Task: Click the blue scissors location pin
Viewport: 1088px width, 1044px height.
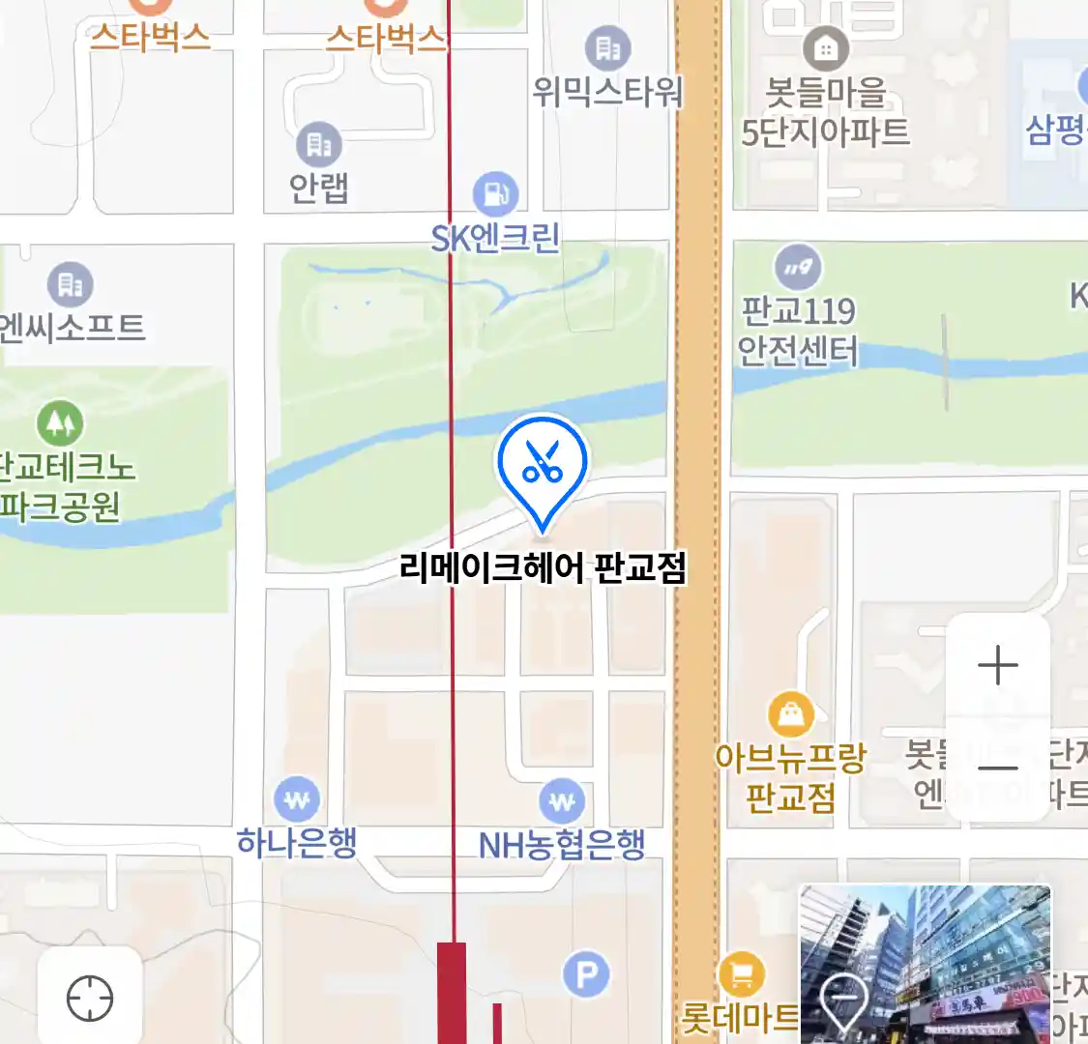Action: click(x=543, y=462)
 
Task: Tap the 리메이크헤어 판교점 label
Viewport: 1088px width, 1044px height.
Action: click(x=543, y=567)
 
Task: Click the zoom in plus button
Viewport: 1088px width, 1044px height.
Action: click(x=998, y=666)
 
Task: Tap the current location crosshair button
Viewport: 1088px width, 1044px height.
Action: click(x=90, y=998)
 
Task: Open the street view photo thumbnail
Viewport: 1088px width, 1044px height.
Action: click(x=925, y=963)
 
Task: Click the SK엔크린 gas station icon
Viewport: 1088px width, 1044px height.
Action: click(x=496, y=194)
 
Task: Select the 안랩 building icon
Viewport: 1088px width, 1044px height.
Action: click(x=319, y=145)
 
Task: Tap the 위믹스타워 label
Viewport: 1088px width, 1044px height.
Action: click(x=607, y=92)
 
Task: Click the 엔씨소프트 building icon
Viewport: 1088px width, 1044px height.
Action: click(x=71, y=284)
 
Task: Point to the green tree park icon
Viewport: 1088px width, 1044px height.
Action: click(x=60, y=423)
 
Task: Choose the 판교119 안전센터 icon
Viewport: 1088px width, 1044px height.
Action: click(x=799, y=266)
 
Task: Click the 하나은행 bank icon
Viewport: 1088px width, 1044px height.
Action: click(x=297, y=799)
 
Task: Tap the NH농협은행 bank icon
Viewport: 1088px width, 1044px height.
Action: click(x=562, y=801)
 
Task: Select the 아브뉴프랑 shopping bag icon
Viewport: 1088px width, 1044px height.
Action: click(x=791, y=715)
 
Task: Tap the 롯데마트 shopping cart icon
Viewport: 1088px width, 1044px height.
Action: click(x=742, y=974)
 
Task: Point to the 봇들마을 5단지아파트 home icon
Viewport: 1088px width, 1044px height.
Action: click(x=826, y=47)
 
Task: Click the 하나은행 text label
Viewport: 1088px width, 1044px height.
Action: click(x=297, y=843)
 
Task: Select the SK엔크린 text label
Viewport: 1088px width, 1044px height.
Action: click(x=495, y=238)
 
